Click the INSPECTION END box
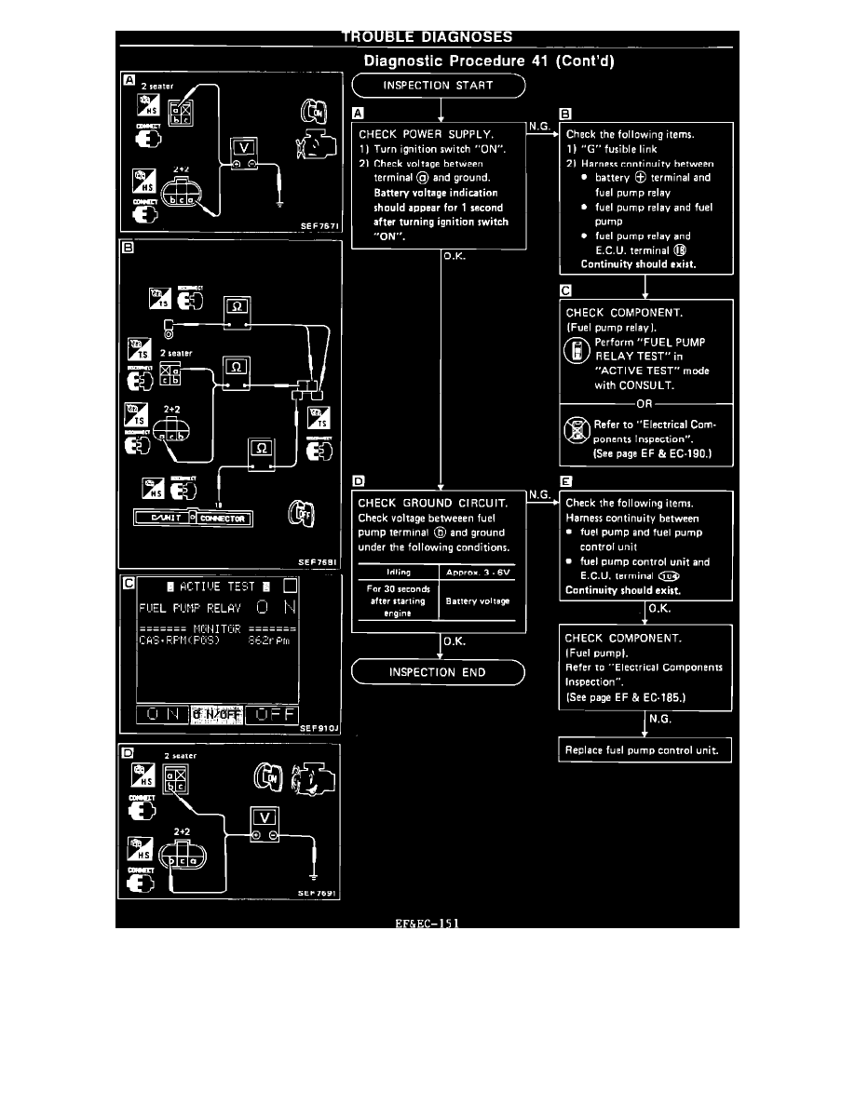[438, 672]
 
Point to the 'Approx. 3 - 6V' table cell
[479, 572]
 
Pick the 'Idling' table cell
[398, 572]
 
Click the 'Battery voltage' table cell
[479, 600]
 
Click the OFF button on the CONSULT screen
[270, 713]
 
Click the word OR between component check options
[645, 403]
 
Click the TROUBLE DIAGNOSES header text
[427, 37]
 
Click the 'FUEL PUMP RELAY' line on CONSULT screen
[189, 608]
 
